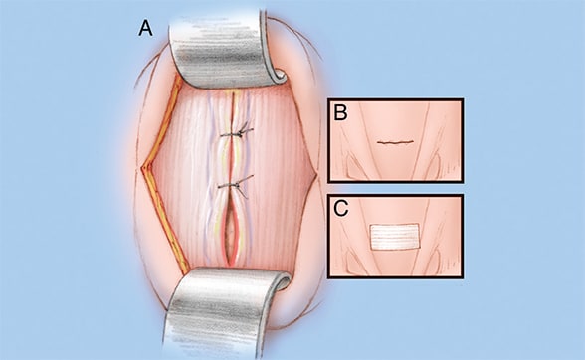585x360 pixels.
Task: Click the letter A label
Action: (145, 29)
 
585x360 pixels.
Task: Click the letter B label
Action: (340, 112)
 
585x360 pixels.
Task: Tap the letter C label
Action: (340, 208)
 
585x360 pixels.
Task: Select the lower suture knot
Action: (235, 185)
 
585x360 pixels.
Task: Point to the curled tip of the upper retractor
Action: (279, 77)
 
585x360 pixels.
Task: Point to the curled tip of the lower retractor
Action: (283, 280)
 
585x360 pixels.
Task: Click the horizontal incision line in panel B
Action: (395, 142)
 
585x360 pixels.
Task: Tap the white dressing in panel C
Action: (394, 237)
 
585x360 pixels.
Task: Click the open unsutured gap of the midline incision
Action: (231, 232)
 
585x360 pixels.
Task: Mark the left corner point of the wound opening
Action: (142, 169)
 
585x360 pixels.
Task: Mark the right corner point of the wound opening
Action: (316, 173)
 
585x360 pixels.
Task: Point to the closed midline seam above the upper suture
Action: (233, 112)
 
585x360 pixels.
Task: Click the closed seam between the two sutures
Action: (232, 160)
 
